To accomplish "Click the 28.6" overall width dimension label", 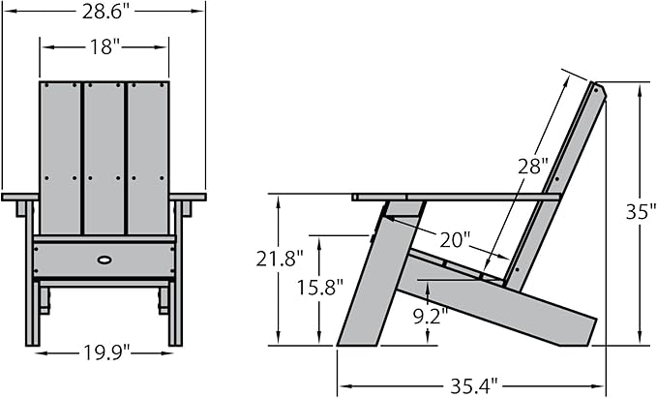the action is click(104, 12).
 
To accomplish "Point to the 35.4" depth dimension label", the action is click(474, 385).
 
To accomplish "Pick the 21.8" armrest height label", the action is click(280, 259).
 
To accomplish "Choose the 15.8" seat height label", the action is click(320, 288).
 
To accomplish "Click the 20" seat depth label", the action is click(455, 240).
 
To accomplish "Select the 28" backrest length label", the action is click(533, 167).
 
